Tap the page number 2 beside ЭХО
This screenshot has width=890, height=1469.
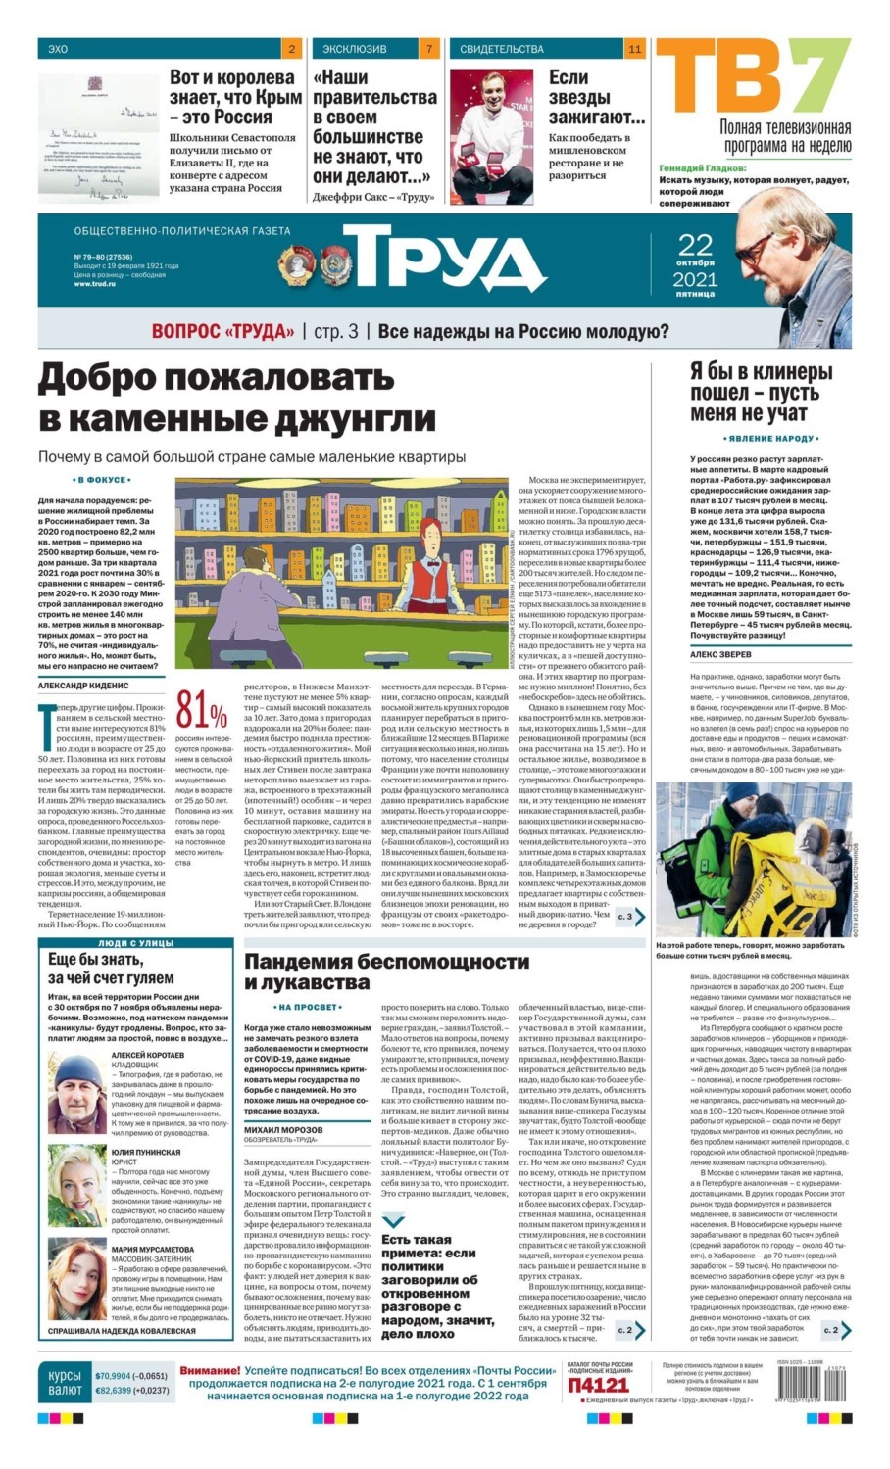pos(292,48)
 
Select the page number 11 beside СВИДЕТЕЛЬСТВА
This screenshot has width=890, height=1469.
pos(634,48)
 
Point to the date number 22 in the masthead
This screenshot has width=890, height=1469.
pos(696,245)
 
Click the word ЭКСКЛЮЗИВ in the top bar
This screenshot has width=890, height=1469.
pos(355,48)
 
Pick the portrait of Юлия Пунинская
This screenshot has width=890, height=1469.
pos(77,1191)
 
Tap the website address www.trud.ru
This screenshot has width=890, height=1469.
pos(94,284)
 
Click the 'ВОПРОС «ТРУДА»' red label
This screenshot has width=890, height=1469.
pos(222,332)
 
